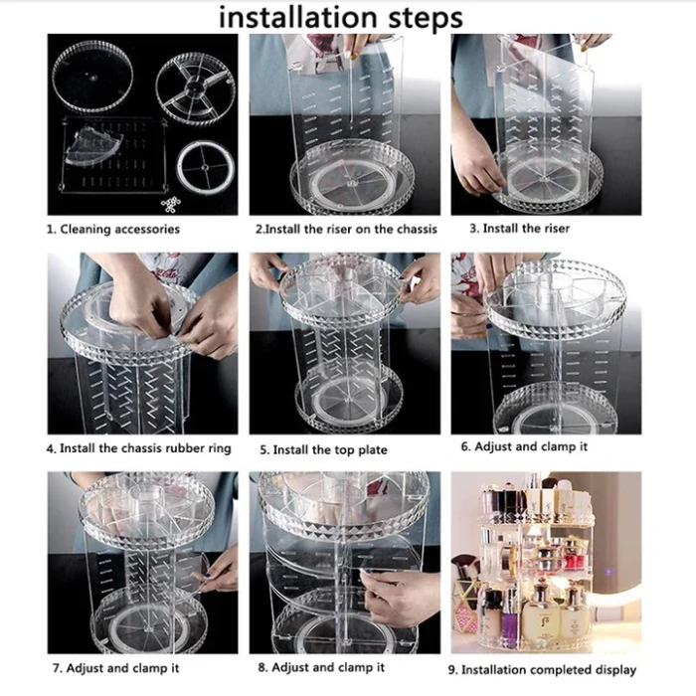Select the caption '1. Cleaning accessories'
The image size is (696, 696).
point(113,229)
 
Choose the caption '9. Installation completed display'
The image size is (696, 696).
point(548,669)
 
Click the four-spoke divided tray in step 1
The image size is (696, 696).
point(196,85)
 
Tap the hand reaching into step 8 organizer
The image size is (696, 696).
point(398,595)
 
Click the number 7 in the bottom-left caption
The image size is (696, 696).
point(55,668)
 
